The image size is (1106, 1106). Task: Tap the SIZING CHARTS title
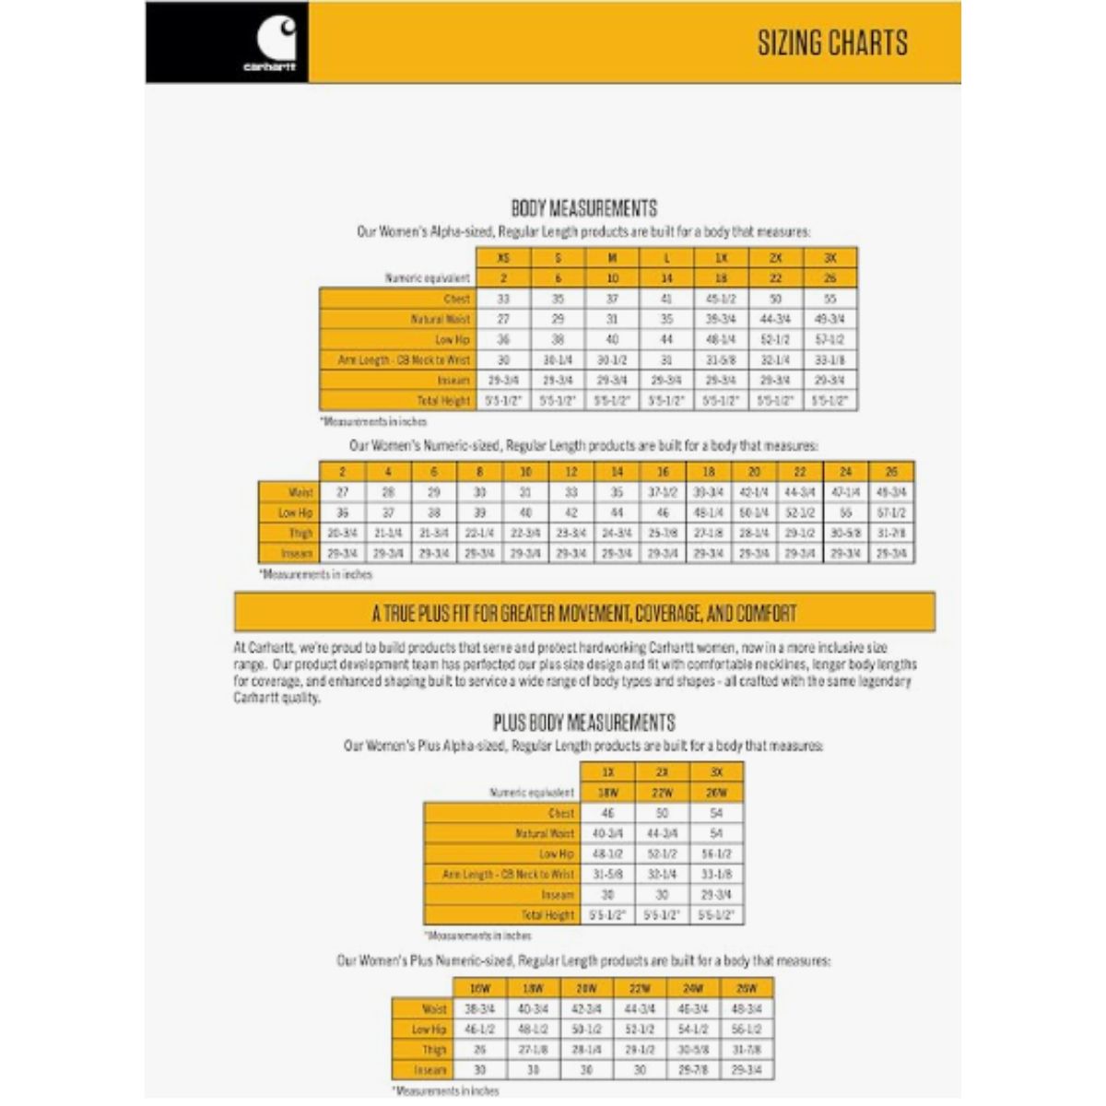pos(832,43)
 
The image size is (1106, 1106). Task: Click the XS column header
pos(503,258)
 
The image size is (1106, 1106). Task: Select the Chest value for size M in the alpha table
pos(612,299)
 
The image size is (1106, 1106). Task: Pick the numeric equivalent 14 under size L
pos(666,278)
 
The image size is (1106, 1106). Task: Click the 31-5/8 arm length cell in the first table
pos(721,359)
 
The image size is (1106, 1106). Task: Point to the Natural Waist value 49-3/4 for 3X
pos(829,319)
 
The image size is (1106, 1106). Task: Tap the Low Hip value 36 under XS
pos(503,339)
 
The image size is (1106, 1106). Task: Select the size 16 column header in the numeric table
pos(663,472)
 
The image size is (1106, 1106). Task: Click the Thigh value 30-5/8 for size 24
pos(846,533)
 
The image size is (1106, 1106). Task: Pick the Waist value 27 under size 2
pos(343,492)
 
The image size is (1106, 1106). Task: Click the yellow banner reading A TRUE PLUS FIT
pos(584,613)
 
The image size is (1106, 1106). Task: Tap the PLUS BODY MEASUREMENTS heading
pos(583,723)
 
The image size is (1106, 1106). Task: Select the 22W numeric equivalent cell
pos(662,793)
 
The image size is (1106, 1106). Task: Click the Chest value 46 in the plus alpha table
pos(607,813)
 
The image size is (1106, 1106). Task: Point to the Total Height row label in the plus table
pos(547,915)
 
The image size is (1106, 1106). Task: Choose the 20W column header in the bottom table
pos(587,988)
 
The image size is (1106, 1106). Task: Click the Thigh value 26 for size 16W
pos(480,1049)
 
